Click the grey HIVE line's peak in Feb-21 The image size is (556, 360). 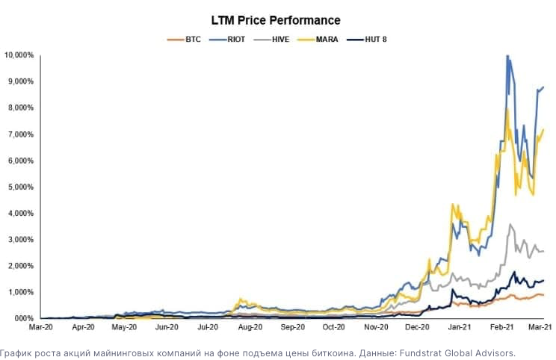(510, 224)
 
